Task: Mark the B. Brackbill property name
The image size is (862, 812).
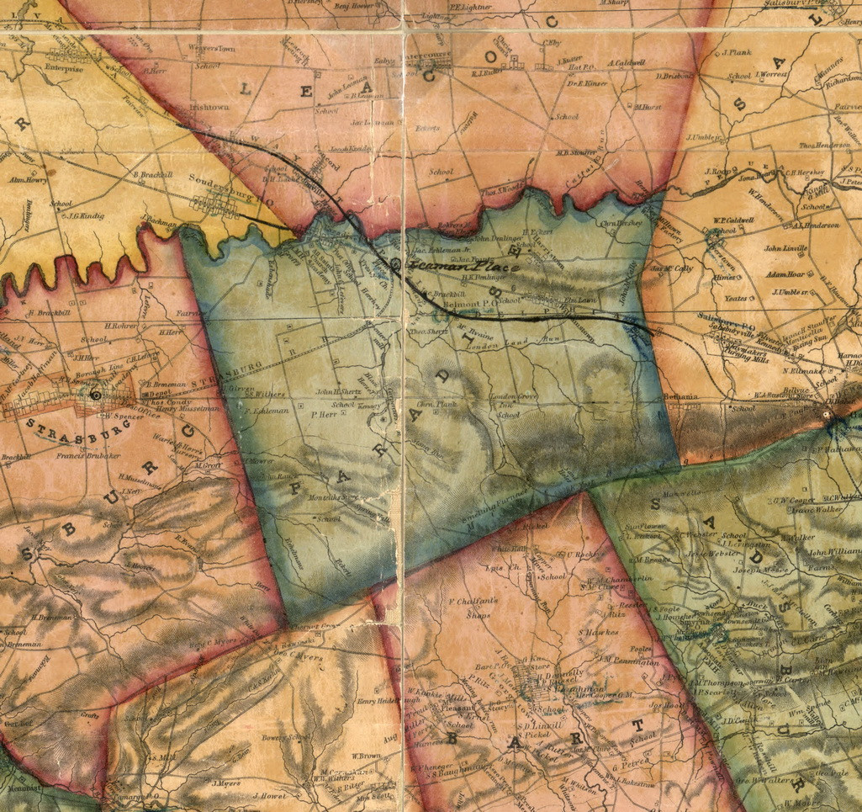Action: pyautogui.click(x=152, y=174)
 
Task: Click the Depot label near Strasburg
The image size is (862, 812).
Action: pyautogui.click(x=160, y=391)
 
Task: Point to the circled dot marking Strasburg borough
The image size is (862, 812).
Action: pyautogui.click(x=95, y=394)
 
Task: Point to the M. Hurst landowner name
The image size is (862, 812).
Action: pyautogui.click(x=648, y=107)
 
